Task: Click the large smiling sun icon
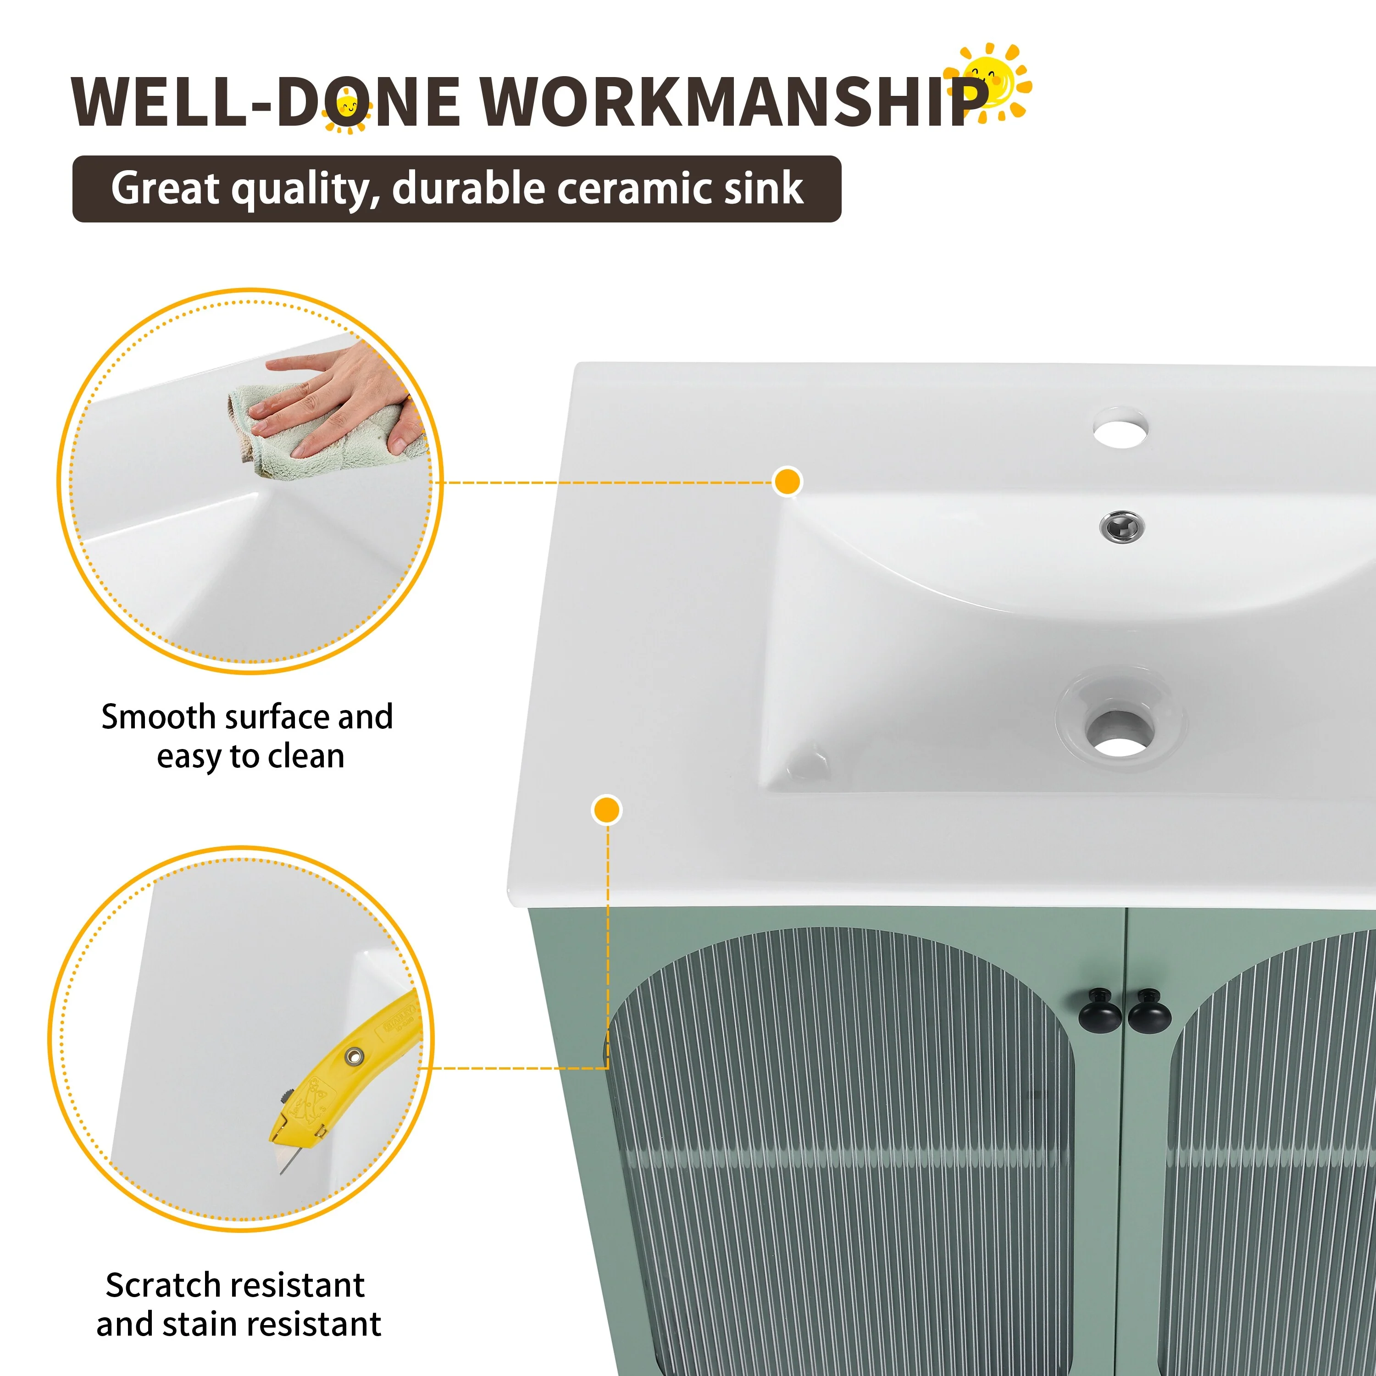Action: click(988, 82)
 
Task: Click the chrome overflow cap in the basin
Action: click(1122, 527)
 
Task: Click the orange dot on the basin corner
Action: click(787, 482)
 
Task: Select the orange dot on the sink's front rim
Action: click(606, 810)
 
